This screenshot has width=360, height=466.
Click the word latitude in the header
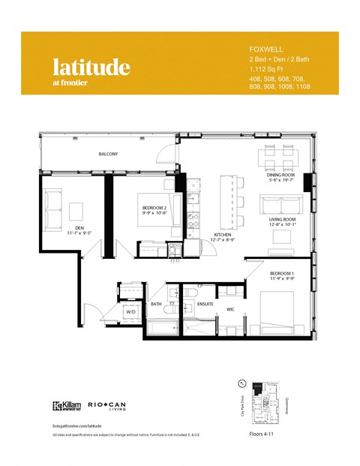(x=91, y=68)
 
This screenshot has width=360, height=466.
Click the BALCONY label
(x=108, y=154)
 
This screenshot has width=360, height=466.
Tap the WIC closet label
(x=231, y=308)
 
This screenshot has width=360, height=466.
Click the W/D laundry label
(x=130, y=310)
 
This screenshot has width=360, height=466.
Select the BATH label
(x=156, y=304)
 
